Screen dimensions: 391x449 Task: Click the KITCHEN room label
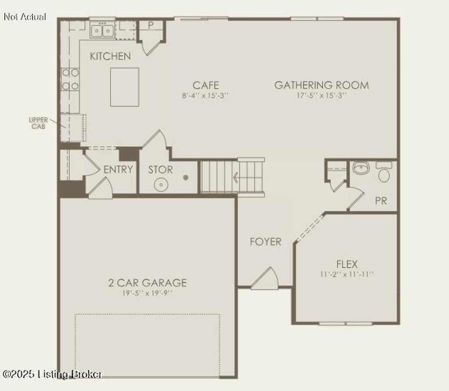(110, 56)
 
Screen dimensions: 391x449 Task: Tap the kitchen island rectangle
(125, 87)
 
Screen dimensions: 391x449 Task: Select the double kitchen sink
(102, 31)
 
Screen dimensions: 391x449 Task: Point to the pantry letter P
(150, 25)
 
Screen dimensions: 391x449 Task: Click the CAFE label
(206, 85)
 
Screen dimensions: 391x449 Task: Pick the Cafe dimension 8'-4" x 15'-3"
(206, 95)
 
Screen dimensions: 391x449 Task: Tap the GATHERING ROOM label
(321, 85)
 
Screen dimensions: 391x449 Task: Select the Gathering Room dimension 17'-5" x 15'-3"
(321, 95)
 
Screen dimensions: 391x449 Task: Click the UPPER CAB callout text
(38, 123)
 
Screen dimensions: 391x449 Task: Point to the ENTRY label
(118, 169)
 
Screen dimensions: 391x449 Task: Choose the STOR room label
(160, 169)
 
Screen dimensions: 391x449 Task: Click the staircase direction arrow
(236, 177)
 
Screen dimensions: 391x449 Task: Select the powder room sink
(361, 168)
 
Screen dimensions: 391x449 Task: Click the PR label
(381, 201)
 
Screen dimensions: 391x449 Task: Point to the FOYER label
(266, 242)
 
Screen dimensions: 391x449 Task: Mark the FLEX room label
(347, 264)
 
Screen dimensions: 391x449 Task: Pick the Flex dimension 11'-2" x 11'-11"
(347, 275)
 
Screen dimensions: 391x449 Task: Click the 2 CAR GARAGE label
(147, 283)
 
